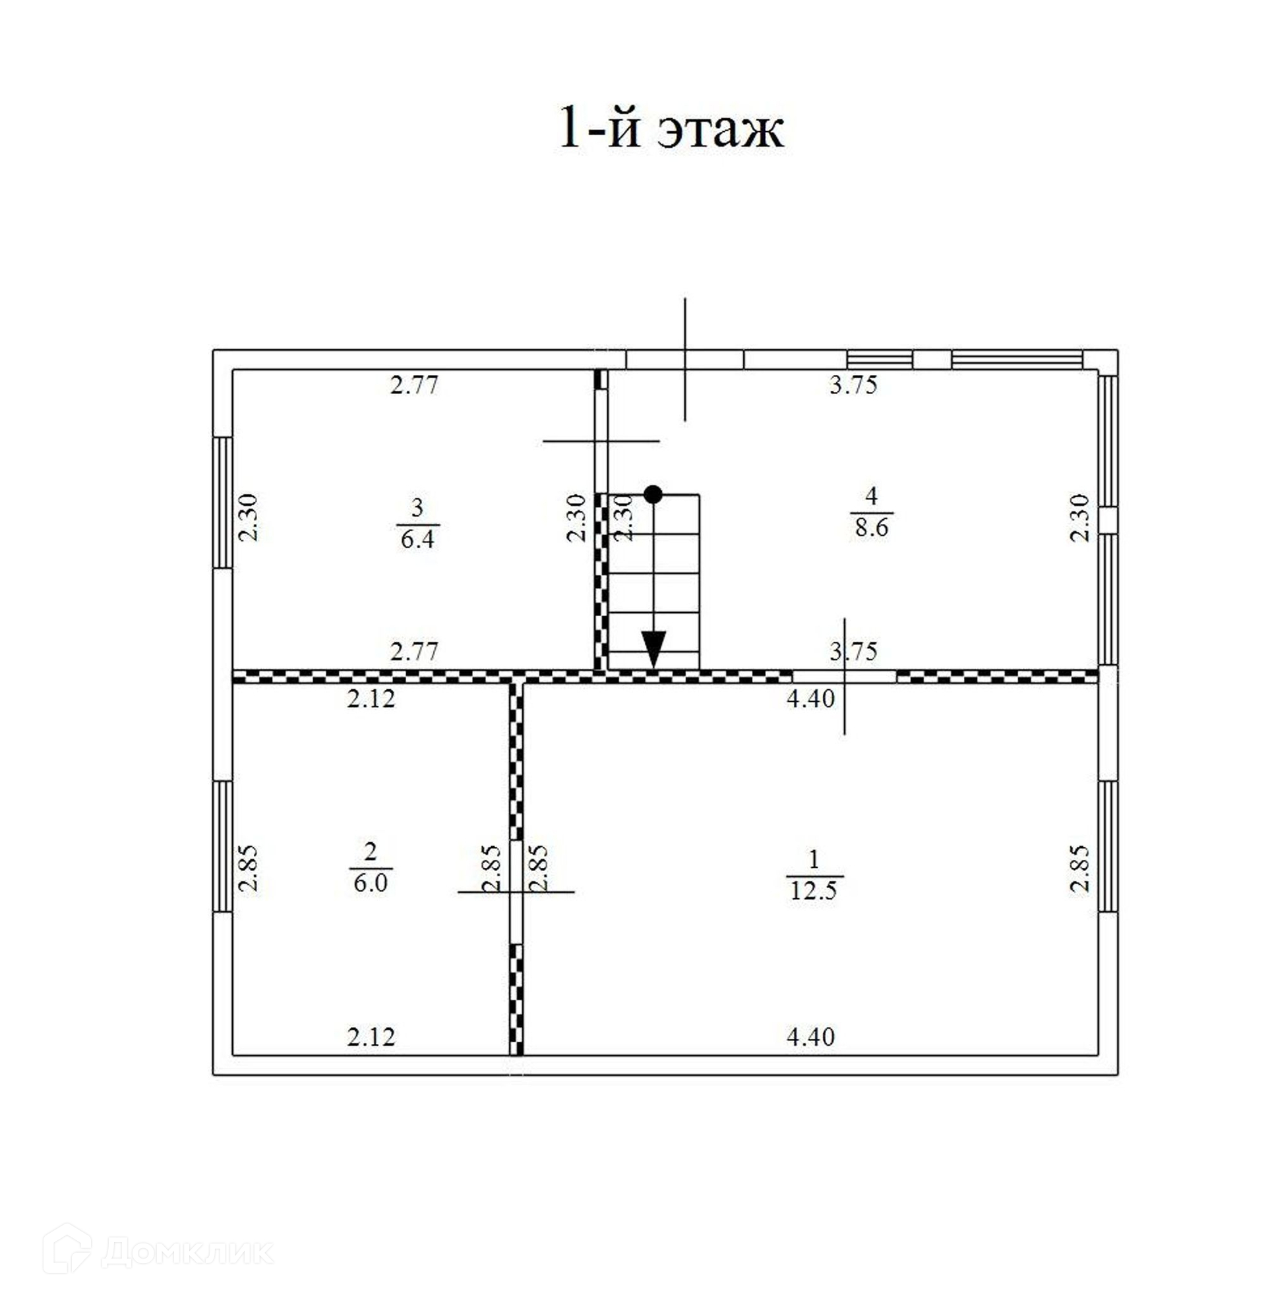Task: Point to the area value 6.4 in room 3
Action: tap(417, 539)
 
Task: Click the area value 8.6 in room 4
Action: tap(872, 528)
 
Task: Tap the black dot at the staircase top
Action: tap(653, 494)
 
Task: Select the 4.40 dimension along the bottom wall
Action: tap(810, 1037)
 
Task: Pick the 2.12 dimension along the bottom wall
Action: tap(371, 1037)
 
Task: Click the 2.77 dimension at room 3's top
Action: tap(414, 385)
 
